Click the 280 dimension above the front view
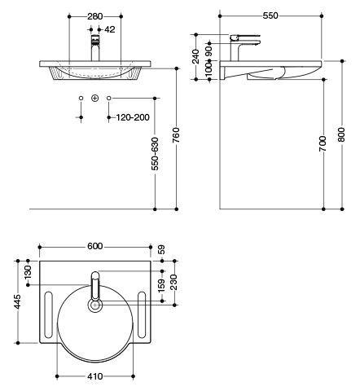click(95, 16)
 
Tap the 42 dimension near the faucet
click(110, 29)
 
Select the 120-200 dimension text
click(133, 117)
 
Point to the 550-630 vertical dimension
click(155, 154)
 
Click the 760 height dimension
click(176, 135)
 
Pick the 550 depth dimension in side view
click(270, 16)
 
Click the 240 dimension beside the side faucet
click(195, 56)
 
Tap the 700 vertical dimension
click(323, 143)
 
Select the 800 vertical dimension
click(341, 134)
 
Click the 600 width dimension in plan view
click(95, 246)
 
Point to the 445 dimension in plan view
click(18, 301)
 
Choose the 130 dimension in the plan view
click(28, 272)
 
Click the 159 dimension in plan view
click(162, 285)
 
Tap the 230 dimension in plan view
click(174, 283)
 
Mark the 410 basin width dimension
click(95, 376)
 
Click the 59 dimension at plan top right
click(161, 249)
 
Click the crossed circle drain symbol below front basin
click(94, 98)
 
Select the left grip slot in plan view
click(48, 315)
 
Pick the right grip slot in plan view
click(142, 315)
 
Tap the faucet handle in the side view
click(245, 37)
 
